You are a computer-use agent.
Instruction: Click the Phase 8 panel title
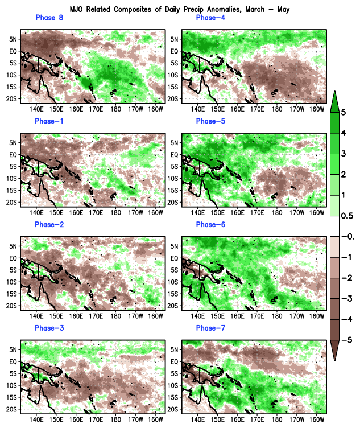point(49,18)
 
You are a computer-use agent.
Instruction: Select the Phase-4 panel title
point(210,18)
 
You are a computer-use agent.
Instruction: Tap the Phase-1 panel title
point(49,121)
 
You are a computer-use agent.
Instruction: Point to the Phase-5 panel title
point(210,121)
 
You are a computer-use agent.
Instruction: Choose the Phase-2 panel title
point(49,225)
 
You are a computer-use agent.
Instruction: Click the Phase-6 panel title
point(210,225)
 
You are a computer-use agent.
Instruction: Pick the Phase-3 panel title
point(49,328)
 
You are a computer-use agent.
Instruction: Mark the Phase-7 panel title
point(210,328)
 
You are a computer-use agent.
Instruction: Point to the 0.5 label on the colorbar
point(347,216)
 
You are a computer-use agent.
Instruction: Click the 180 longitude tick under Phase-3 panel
point(115,419)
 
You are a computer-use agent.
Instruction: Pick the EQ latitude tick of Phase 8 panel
point(14,51)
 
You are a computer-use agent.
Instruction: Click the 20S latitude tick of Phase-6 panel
point(175,306)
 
